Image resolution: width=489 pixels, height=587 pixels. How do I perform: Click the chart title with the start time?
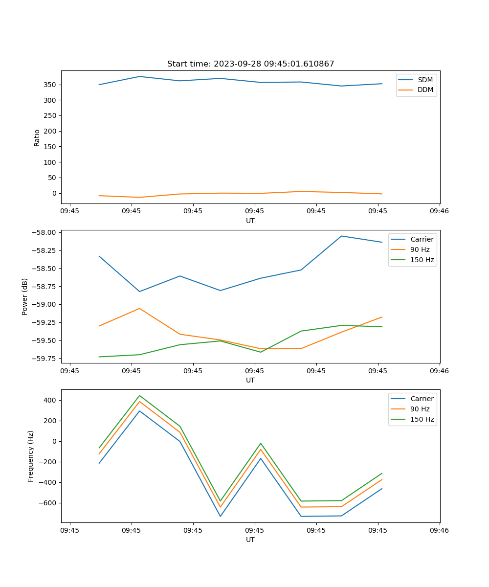point(250,64)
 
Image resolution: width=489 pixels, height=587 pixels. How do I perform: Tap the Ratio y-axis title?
point(37,137)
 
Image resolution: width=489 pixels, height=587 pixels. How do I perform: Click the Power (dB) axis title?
point(25,296)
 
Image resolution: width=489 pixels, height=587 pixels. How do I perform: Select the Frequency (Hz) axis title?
point(31,456)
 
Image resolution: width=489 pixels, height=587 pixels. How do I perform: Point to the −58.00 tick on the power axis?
point(44,232)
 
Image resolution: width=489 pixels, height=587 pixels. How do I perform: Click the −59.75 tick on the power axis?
point(44,359)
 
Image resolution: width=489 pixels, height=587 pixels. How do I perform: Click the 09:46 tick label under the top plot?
point(439,211)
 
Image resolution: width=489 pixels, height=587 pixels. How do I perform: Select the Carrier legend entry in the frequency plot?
point(422,399)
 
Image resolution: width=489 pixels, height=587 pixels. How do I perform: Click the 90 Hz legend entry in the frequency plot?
point(420,409)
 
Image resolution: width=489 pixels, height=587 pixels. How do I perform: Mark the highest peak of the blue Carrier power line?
point(341,236)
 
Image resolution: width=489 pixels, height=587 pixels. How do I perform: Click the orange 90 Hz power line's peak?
point(139,308)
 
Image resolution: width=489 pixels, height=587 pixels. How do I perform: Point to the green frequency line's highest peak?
point(139,395)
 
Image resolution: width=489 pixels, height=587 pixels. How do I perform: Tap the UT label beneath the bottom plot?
point(250,540)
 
